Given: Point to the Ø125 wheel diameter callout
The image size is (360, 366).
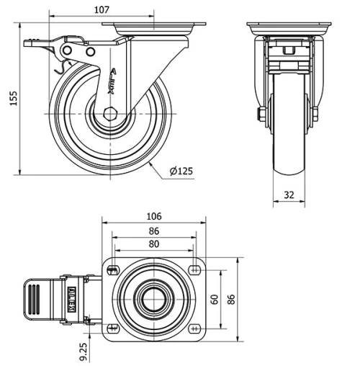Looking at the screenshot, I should point(181,171).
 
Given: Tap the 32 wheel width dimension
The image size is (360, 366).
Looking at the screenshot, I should point(289,195).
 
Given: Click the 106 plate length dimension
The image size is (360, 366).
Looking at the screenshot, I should point(154,216).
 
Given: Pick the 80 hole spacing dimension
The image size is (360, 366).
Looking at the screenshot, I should point(154,244).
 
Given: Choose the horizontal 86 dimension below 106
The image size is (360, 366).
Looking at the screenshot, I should point(154,231).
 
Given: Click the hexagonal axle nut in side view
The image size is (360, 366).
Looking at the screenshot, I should point(109,114).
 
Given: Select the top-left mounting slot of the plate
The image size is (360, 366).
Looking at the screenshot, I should point(113,270).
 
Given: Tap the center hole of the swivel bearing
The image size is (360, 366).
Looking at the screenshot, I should point(154,298).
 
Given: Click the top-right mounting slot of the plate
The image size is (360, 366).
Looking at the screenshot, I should point(194,270).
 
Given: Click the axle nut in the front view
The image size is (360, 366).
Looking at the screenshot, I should point(258,113).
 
